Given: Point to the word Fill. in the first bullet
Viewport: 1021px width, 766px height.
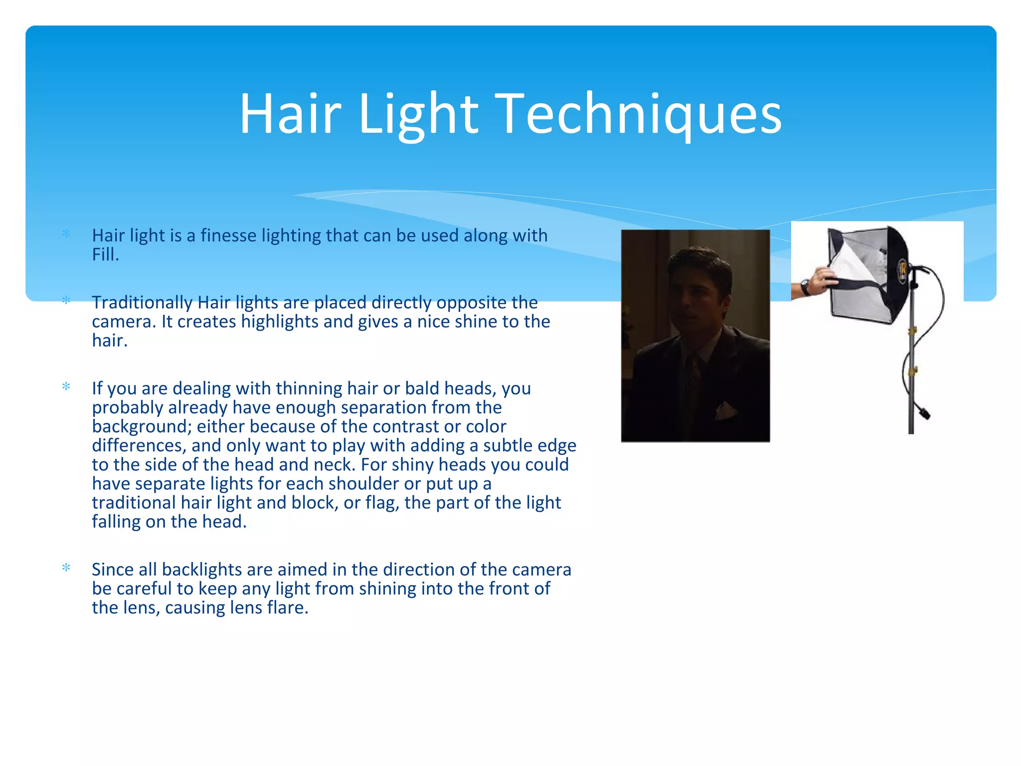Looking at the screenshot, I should point(105,255).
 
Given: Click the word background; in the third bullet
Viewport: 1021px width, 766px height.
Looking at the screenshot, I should point(142,426).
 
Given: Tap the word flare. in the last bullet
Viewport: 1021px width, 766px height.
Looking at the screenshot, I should point(287,608).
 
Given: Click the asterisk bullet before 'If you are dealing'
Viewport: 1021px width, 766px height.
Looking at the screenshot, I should point(66,386).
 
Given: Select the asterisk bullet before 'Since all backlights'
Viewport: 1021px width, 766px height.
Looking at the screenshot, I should point(66,568).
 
